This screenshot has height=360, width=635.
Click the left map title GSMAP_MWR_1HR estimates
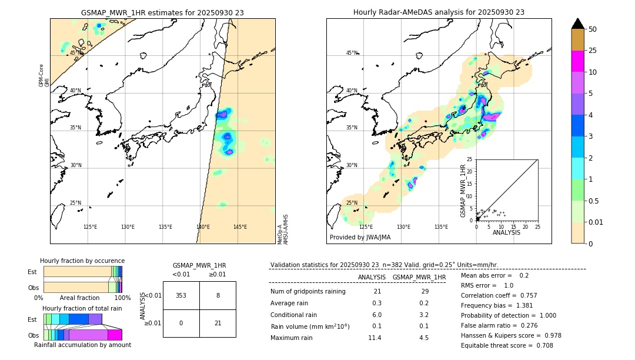point(162,12)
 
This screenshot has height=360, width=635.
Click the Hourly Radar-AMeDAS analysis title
point(439,12)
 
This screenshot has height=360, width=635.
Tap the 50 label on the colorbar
point(593,29)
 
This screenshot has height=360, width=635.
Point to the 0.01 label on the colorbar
point(596,222)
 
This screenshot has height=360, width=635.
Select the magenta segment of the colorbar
point(577,61)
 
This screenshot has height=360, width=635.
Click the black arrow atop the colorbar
point(577,24)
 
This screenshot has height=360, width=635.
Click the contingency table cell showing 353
point(181,295)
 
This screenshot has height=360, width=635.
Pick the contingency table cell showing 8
point(218,295)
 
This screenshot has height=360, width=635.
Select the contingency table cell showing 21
point(218,322)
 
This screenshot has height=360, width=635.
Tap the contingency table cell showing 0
point(181,322)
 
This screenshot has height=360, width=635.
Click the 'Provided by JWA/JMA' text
point(360,237)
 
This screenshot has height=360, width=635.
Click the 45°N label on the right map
point(352,53)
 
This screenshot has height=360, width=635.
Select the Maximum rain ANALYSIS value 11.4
point(375,338)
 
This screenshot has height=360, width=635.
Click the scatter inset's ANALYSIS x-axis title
point(506,232)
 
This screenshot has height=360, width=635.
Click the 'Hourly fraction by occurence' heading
point(82,261)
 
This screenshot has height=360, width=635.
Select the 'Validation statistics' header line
point(384,265)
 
